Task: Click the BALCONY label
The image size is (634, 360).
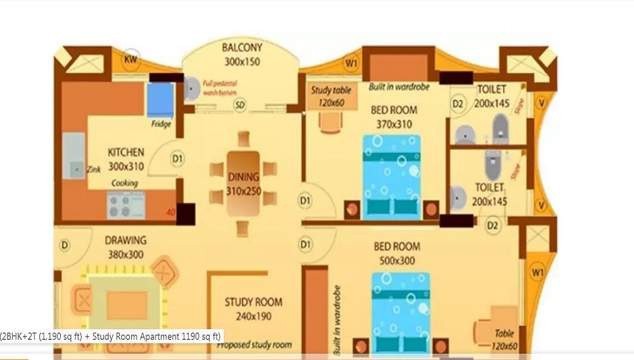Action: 242,48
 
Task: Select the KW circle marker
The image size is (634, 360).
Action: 131,59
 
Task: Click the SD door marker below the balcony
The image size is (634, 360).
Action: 240,105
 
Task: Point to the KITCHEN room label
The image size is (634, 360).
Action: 126,153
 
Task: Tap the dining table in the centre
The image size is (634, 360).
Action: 243,183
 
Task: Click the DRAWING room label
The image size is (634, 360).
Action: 126,240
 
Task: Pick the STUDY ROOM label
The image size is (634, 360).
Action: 254,302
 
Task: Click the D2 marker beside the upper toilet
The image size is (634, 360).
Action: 458,103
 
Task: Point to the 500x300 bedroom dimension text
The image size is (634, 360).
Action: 397,260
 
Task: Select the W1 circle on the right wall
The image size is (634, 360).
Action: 538,273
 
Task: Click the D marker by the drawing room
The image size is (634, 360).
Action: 65,245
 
